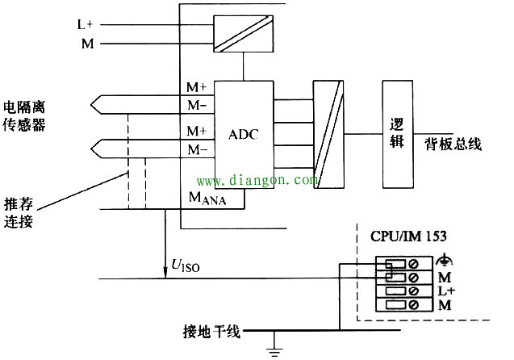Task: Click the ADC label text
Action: pyautogui.click(x=243, y=135)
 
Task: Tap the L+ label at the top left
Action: pyautogui.click(x=86, y=24)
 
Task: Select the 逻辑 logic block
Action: pyautogui.click(x=397, y=135)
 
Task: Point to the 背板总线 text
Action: pyautogui.click(x=453, y=144)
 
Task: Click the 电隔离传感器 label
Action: pyautogui.click(x=24, y=116)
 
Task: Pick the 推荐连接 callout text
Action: pyautogui.click(x=19, y=213)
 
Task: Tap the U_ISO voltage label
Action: pyautogui.click(x=186, y=266)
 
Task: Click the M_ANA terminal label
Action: pyautogui.click(x=207, y=198)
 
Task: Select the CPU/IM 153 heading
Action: pyautogui.click(x=408, y=236)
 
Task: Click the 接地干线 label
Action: pyautogui.click(x=211, y=332)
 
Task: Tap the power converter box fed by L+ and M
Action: pyautogui.click(x=243, y=34)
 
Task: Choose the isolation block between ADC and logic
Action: pyautogui.click(x=328, y=135)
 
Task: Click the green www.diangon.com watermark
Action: pyautogui.click(x=257, y=180)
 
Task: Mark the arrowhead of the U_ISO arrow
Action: pyautogui.click(x=165, y=275)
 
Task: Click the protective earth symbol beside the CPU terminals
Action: pyautogui.click(x=444, y=260)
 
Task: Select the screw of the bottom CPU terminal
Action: pyautogui.click(x=414, y=305)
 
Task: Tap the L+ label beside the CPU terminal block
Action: pyautogui.click(x=446, y=291)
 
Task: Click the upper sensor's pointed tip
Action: pyautogui.click(x=91, y=105)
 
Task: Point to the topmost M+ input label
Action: pyautogui.click(x=197, y=87)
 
